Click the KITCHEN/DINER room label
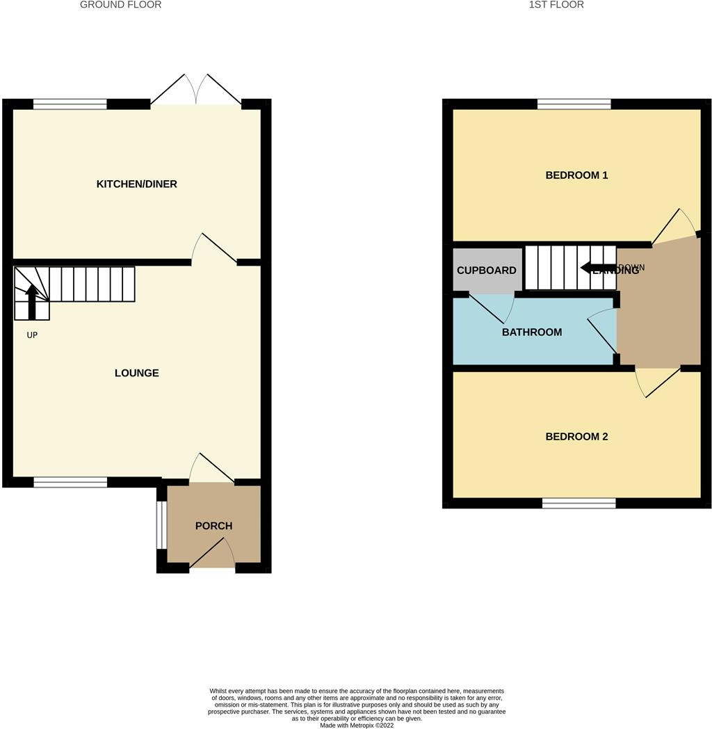coord(136,184)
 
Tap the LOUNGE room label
coord(136,374)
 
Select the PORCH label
coord(213,526)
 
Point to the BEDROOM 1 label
coord(576,175)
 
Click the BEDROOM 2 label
coord(576,437)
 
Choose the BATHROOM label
coord(532,333)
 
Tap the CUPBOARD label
coord(486,271)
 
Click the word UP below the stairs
coord(32,335)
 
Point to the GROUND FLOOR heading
coord(120,5)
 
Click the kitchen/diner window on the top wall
coord(70,104)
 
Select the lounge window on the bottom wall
coord(70,482)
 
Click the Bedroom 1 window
coord(574,104)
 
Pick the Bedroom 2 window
coord(578,503)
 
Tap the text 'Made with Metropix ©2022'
coord(356,725)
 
